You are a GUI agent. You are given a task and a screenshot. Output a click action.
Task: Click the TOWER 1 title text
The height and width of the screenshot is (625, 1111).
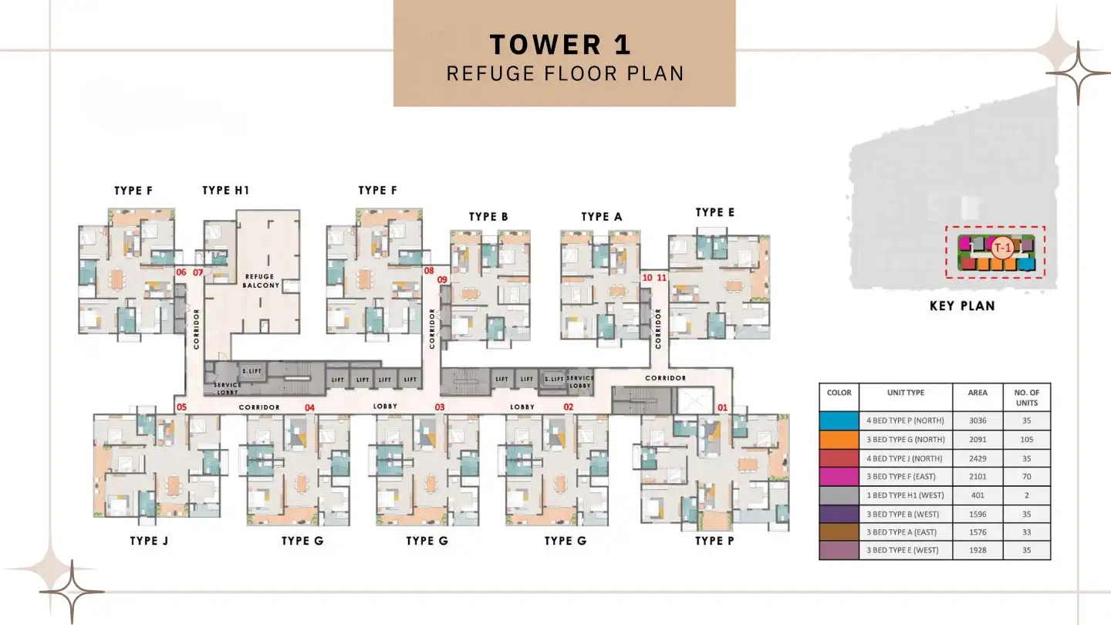[x=561, y=45]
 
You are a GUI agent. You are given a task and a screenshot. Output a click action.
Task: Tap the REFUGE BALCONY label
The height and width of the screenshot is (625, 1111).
[x=262, y=281]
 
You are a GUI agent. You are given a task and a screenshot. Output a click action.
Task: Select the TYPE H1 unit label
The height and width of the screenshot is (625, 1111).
[x=225, y=191]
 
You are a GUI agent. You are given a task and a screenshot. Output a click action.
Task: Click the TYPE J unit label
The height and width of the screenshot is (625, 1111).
[x=149, y=541]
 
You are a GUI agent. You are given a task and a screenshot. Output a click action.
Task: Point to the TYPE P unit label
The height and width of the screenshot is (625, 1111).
[x=714, y=541]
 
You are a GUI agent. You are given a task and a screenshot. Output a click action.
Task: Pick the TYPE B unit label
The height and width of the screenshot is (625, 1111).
[x=488, y=217]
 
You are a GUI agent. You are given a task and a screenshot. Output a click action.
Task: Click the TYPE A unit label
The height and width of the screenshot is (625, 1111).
[x=602, y=217]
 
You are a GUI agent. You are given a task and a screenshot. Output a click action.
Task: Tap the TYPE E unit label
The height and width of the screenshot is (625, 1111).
[x=714, y=212]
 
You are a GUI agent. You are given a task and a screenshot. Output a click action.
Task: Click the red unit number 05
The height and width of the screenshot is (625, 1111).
[x=181, y=407]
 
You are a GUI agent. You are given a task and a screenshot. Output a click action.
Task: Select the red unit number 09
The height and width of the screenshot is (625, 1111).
[x=443, y=280]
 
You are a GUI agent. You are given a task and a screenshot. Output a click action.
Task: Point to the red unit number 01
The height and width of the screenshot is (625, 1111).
[x=723, y=407]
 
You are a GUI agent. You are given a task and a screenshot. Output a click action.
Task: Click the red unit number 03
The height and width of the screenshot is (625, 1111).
[x=440, y=407]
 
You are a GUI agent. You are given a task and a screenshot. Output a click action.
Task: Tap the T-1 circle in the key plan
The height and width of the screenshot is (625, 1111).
[x=1002, y=248]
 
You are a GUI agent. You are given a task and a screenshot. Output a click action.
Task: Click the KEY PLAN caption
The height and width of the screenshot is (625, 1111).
[x=962, y=306]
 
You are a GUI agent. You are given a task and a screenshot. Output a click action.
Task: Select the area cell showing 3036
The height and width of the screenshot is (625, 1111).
[x=978, y=421]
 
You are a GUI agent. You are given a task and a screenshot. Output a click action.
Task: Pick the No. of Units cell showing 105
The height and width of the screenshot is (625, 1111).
[x=1027, y=440]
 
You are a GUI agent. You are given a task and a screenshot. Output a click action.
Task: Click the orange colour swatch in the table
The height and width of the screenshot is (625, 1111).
[x=839, y=440]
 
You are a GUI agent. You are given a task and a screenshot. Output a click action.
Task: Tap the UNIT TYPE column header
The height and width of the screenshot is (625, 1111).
[x=906, y=393]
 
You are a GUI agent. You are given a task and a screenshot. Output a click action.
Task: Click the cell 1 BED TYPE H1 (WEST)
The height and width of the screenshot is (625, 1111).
[x=906, y=495]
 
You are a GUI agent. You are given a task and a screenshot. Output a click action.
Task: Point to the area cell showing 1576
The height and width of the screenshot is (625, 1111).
[x=978, y=532]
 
